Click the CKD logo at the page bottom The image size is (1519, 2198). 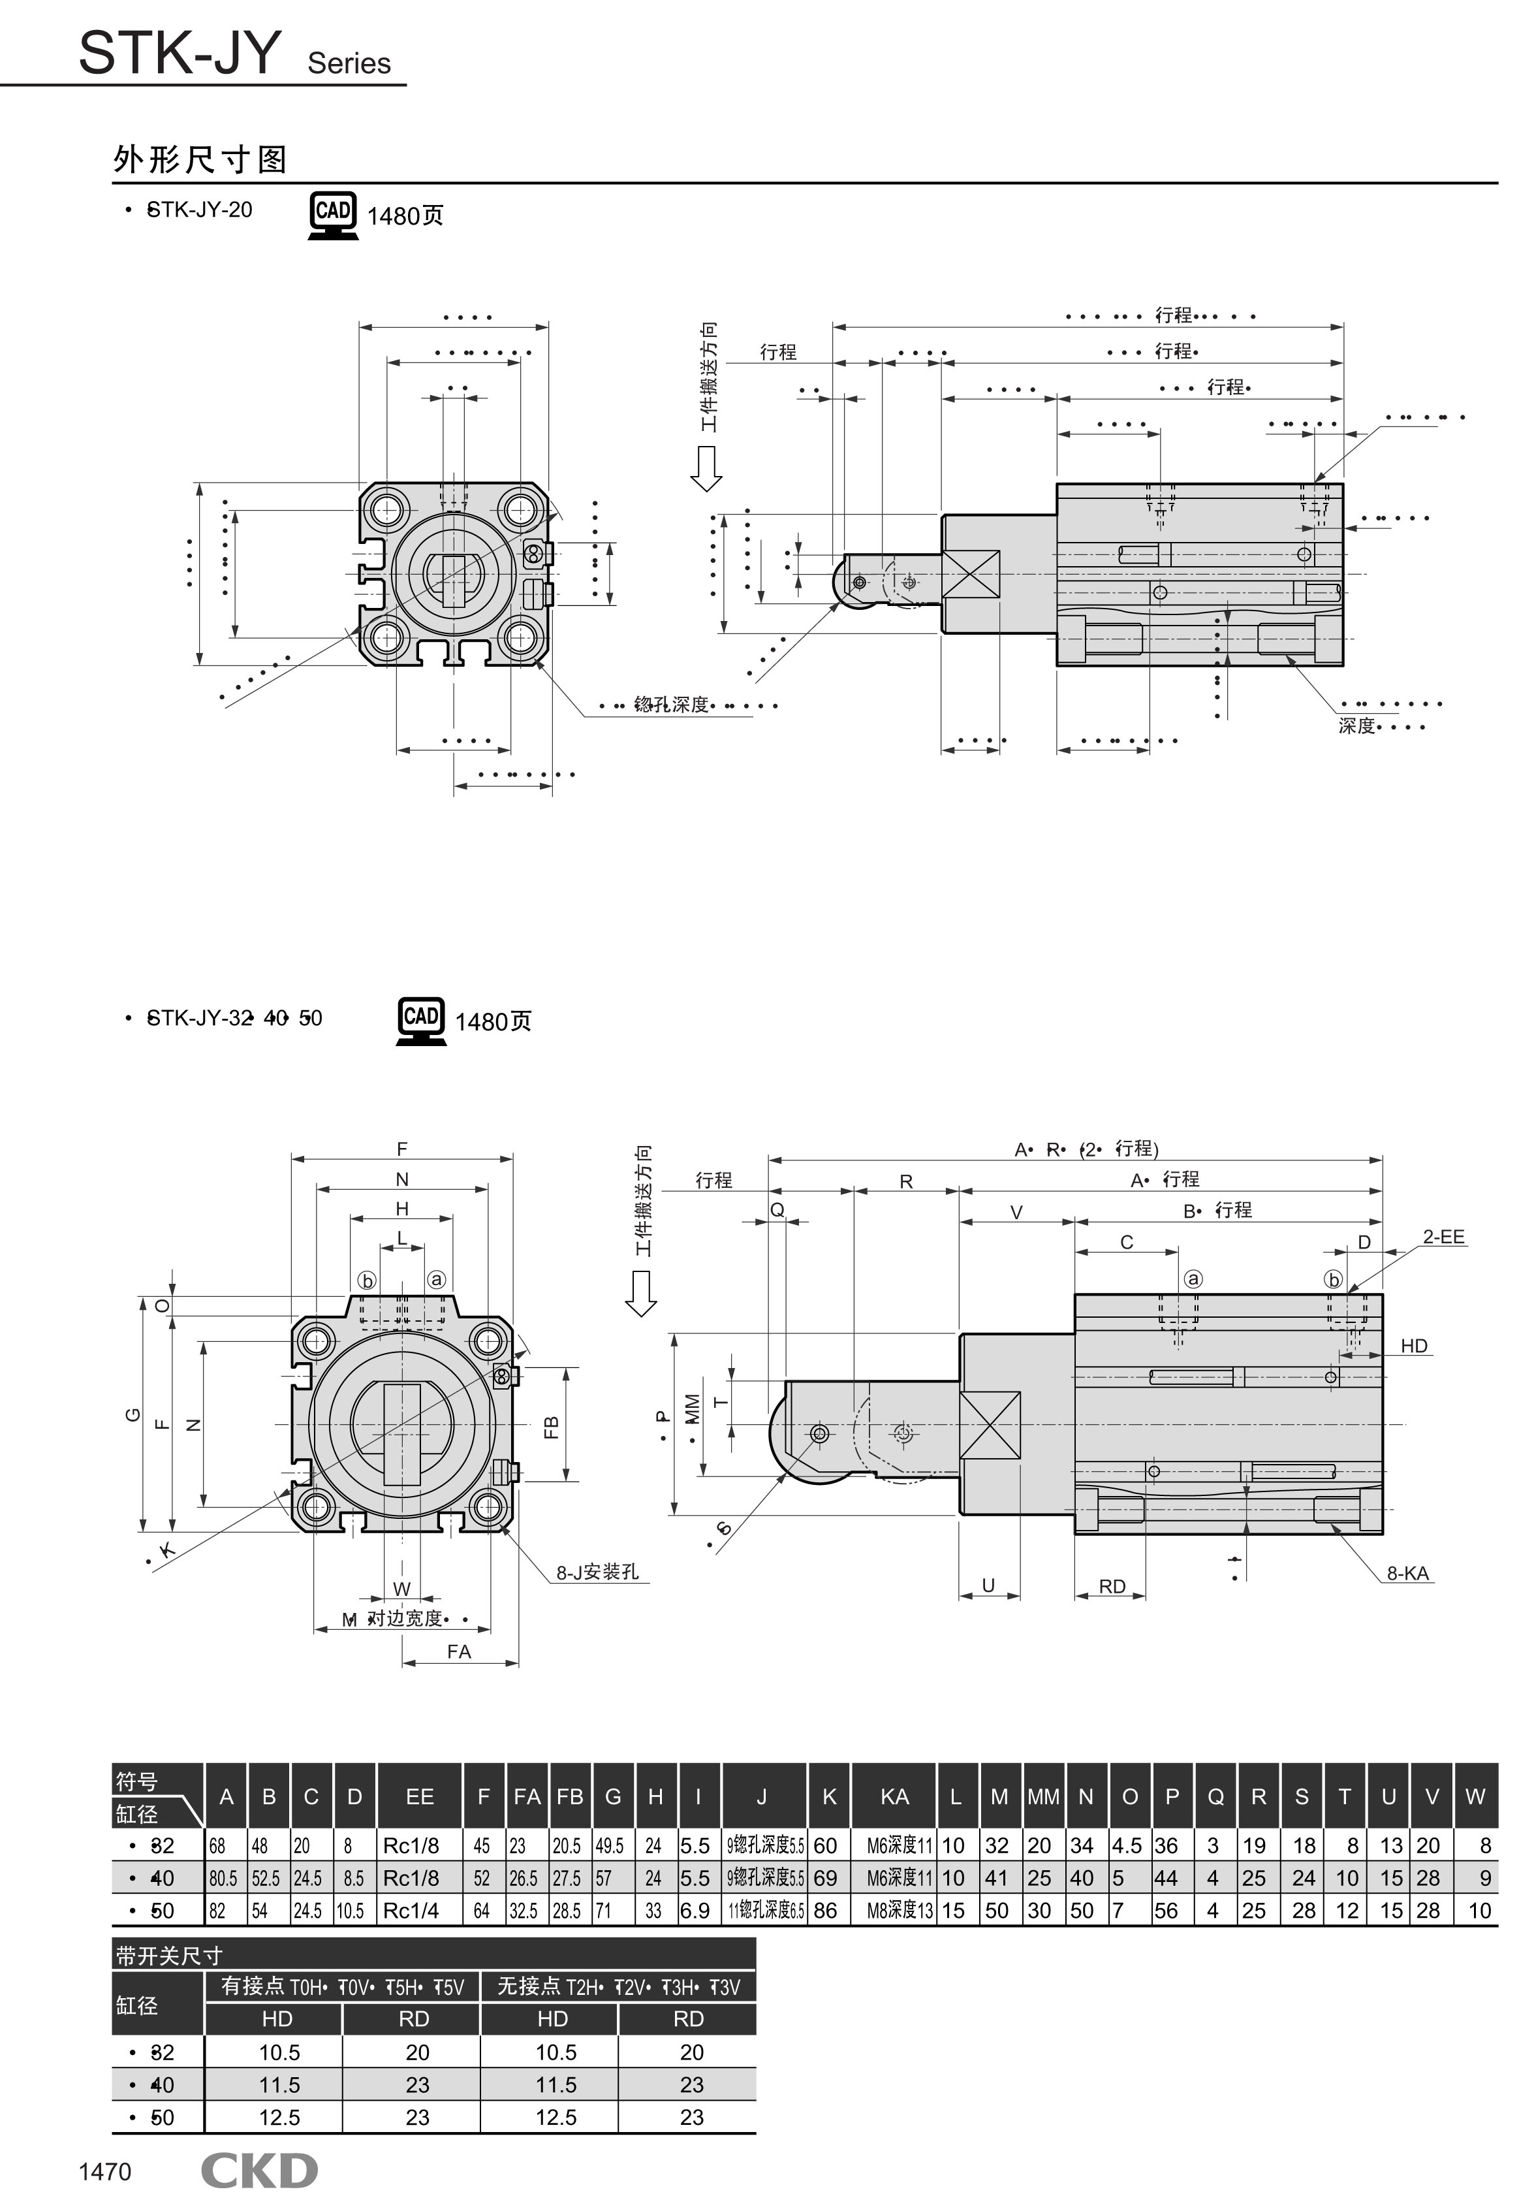pos(259,2171)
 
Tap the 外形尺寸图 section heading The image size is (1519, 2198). pos(200,159)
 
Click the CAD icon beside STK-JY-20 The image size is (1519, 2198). pos(333,214)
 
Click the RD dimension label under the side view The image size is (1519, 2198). pos(1112,1586)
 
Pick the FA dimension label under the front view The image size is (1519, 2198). pos(459,1651)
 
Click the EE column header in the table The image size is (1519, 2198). pos(419,1796)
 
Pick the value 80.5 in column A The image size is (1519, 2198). pos(224,1878)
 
